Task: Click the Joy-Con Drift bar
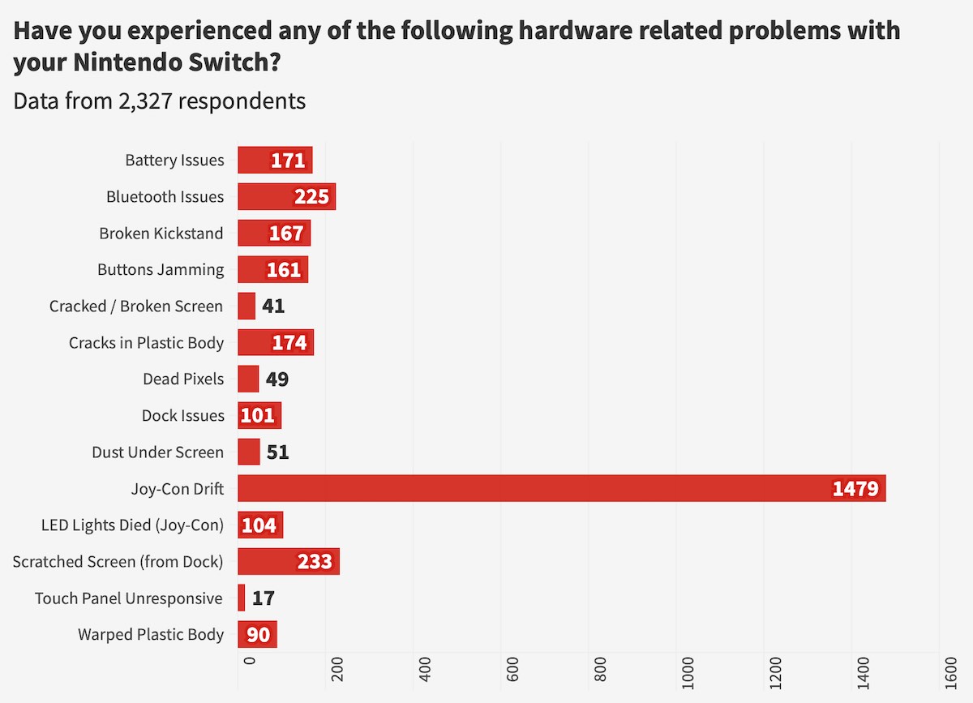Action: point(561,488)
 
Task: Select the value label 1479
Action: point(855,489)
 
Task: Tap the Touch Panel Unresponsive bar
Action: point(242,598)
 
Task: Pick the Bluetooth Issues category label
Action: point(165,197)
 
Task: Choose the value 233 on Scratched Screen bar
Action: point(315,561)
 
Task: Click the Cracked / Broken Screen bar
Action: point(246,306)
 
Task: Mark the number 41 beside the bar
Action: point(273,306)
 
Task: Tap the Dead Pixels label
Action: point(183,379)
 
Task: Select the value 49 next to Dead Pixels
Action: point(277,379)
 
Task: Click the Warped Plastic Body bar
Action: point(257,634)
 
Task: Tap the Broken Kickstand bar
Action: point(274,234)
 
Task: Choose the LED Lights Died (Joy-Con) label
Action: point(132,525)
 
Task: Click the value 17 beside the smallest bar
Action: point(264,598)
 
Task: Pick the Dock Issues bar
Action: point(259,415)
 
